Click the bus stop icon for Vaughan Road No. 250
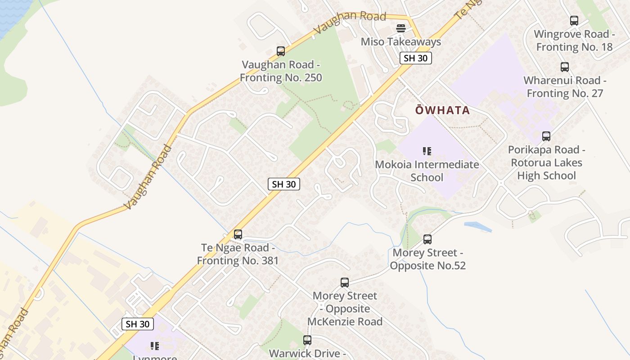281,51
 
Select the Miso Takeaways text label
401,42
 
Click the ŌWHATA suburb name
442,110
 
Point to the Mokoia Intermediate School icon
427,151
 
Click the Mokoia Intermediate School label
427,171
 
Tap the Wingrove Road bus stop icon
574,21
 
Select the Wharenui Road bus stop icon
565,67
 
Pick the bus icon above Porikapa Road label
546,136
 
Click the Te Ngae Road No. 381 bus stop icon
238,234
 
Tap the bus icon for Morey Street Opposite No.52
427,239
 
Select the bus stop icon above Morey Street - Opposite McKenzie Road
345,283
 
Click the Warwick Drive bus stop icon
307,340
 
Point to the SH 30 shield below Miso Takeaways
415,58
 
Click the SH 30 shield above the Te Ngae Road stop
284,184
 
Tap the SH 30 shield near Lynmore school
138,324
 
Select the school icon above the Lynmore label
155,346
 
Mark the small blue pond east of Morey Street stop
478,226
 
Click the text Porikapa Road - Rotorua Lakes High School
546,162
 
